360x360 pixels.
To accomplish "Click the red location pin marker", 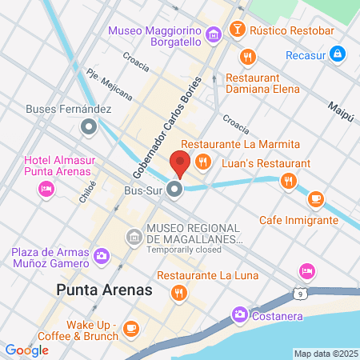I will click(x=180, y=163).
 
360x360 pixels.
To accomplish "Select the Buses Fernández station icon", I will click(x=90, y=126).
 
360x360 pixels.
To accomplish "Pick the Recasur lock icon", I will click(x=338, y=54).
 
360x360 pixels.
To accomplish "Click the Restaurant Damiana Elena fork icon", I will click(x=247, y=57).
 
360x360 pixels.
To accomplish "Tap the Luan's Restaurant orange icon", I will click(x=287, y=182).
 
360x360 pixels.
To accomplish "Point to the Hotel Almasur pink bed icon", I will click(x=46, y=189).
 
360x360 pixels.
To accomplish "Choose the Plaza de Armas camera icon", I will click(x=102, y=256).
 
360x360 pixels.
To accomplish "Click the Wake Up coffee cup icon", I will click(x=131, y=328).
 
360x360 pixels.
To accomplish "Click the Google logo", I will click(x=26, y=350).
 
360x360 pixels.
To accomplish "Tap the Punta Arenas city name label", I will click(x=104, y=290).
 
